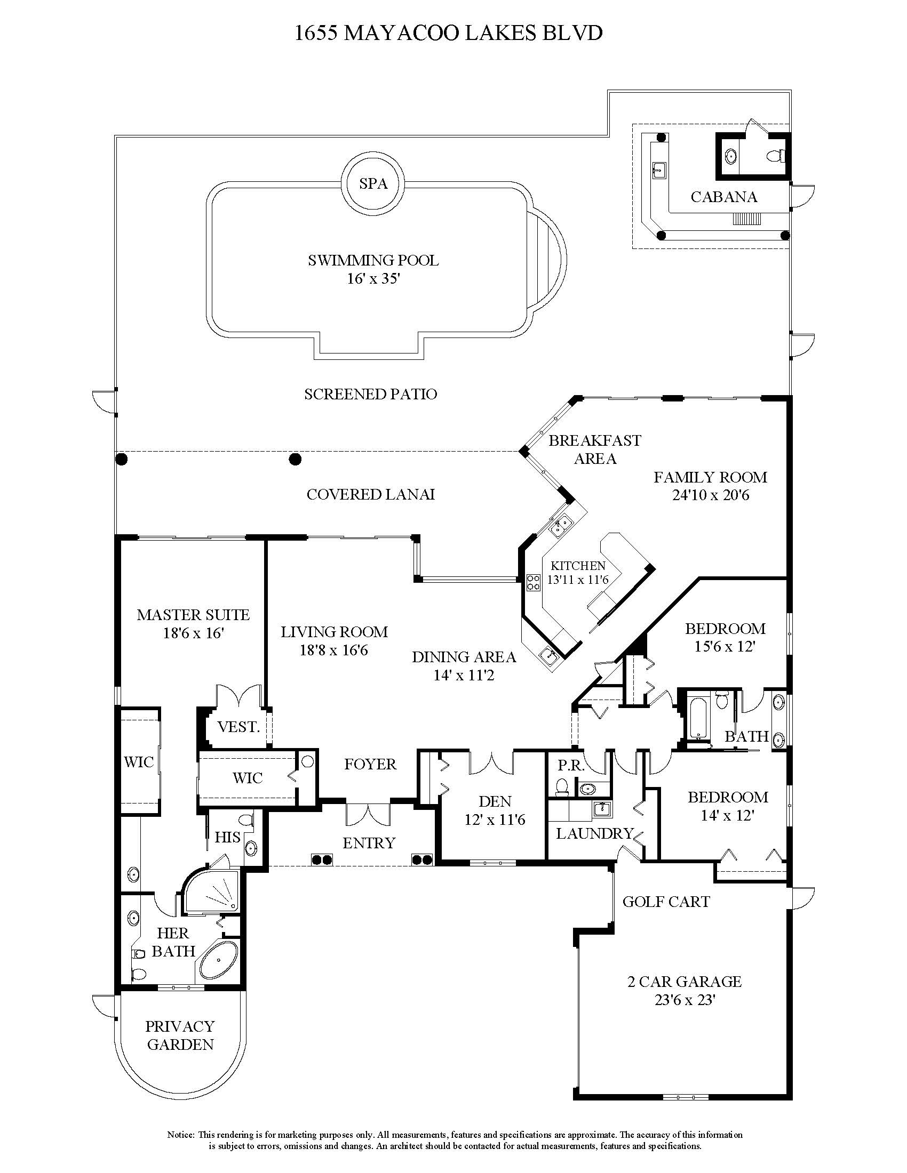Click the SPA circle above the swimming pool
click(373, 184)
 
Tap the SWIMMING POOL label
click(373, 261)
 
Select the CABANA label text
click(724, 197)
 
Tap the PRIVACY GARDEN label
click(180, 1035)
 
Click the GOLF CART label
click(666, 902)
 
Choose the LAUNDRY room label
click(594, 833)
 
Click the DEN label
click(495, 801)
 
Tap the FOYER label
click(370, 764)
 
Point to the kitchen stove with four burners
click(533, 583)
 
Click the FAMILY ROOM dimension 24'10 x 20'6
click(710, 495)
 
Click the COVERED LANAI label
click(370, 494)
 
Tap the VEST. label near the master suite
click(238, 727)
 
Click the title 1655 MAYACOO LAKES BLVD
click(449, 33)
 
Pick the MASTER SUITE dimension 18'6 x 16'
click(193, 633)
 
